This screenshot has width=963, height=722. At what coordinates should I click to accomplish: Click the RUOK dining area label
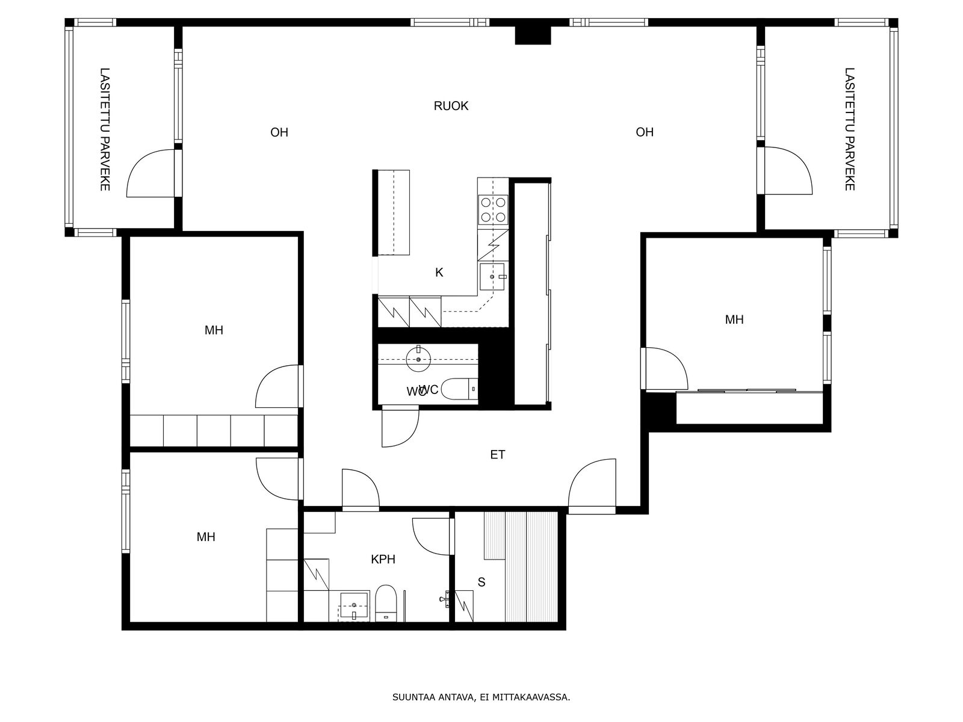(x=451, y=106)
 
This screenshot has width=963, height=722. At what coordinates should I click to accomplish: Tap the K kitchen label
(x=439, y=273)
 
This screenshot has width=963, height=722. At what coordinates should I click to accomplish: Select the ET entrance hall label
(x=497, y=455)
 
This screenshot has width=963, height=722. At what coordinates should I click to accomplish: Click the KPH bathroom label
(x=383, y=560)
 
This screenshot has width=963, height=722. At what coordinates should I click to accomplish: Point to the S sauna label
(x=482, y=582)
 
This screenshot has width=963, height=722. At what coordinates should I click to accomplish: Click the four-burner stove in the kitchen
(x=493, y=209)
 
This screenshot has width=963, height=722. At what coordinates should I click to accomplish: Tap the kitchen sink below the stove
(x=492, y=277)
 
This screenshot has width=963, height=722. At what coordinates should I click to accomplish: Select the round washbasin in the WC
(x=418, y=359)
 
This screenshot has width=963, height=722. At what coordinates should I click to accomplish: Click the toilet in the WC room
(x=459, y=389)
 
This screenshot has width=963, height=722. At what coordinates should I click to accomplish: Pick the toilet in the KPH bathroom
(x=386, y=603)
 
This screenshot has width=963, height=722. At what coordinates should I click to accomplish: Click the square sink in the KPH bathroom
(x=354, y=605)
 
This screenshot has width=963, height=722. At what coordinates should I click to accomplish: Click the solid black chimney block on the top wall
(x=533, y=35)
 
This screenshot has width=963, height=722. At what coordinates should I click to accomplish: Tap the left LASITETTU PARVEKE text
(x=104, y=129)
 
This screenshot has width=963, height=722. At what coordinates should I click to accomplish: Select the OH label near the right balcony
(x=645, y=132)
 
